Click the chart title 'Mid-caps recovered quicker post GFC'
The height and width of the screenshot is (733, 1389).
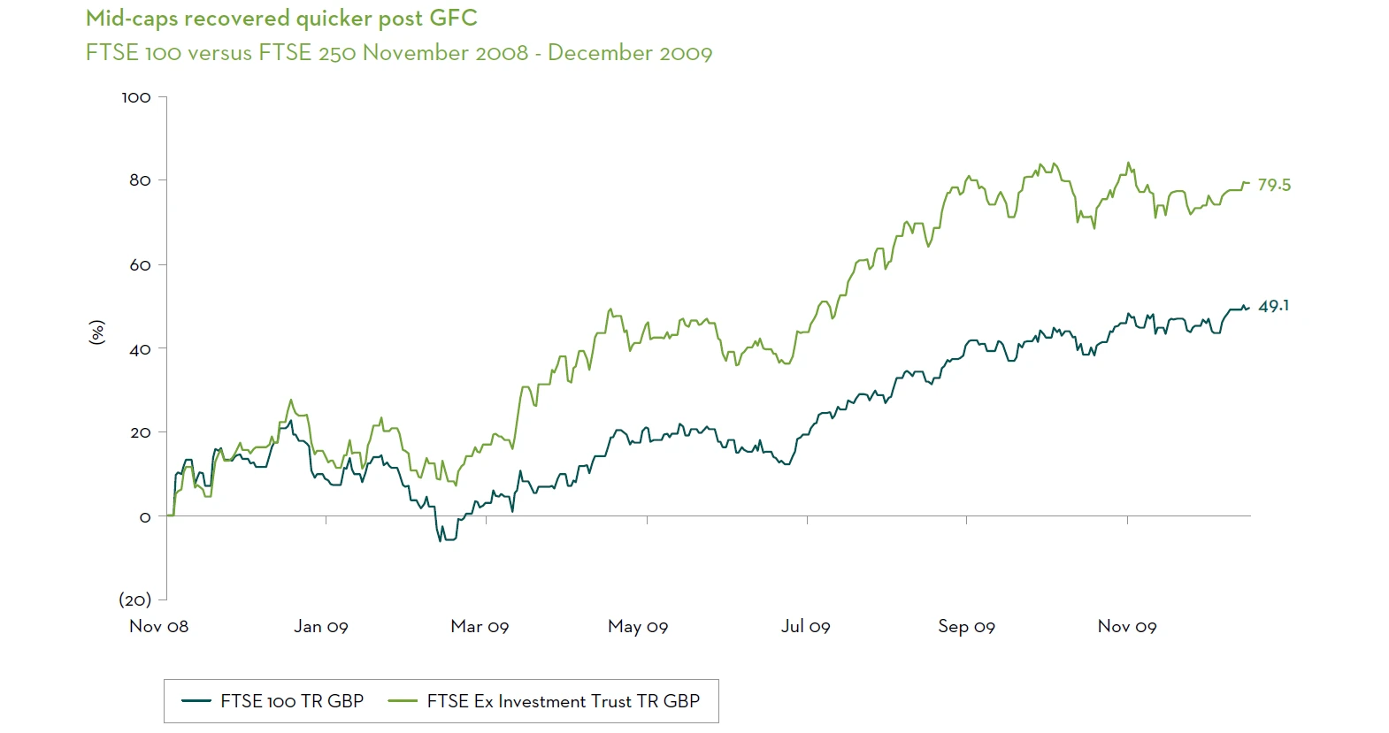click(x=281, y=19)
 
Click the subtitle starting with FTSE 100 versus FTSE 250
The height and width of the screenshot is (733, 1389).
click(x=398, y=53)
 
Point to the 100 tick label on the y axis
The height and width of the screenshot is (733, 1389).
click(x=136, y=97)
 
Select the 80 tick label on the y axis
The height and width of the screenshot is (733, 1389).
click(x=140, y=180)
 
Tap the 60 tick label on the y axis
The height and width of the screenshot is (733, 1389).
click(x=140, y=265)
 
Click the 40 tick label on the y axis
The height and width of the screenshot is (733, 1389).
click(x=140, y=349)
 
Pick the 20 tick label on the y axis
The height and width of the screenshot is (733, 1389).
click(x=140, y=432)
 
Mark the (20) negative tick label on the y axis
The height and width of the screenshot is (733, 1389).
click(x=134, y=599)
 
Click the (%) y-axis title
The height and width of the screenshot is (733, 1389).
click(x=96, y=332)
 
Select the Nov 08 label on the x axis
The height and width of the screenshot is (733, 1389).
click(x=158, y=626)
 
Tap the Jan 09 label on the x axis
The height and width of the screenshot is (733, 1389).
click(x=321, y=626)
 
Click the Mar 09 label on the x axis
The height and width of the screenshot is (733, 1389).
click(x=480, y=626)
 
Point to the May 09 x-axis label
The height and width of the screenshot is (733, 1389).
click(x=638, y=626)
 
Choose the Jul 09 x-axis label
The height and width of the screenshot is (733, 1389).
click(x=805, y=626)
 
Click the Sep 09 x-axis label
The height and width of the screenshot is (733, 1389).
click(x=966, y=626)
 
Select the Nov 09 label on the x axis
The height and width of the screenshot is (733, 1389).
click(x=1127, y=626)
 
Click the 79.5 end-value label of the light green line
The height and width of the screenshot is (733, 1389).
click(x=1274, y=185)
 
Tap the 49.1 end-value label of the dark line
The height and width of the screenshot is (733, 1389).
click(x=1273, y=306)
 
